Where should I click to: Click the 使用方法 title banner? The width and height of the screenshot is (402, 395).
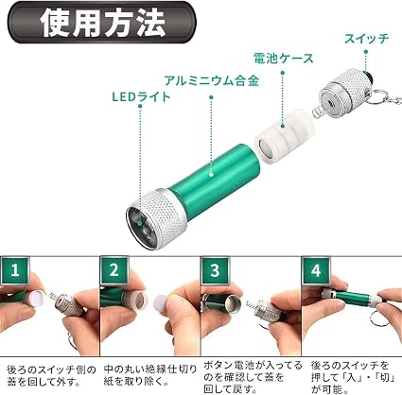click(x=101, y=22)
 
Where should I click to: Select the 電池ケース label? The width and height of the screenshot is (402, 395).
click(x=284, y=59)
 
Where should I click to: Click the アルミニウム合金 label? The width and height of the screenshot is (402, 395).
click(x=211, y=81)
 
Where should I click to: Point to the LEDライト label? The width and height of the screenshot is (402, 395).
click(x=141, y=96)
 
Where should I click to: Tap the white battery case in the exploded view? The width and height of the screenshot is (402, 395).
click(x=285, y=136)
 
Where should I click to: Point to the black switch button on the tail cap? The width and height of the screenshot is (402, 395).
click(x=368, y=77)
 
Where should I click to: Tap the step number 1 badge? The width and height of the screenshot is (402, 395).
click(x=15, y=270)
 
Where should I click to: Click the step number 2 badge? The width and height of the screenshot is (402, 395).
click(x=114, y=270)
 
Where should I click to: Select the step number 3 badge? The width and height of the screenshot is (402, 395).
click(x=215, y=270)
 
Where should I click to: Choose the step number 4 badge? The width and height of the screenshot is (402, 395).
click(x=316, y=270)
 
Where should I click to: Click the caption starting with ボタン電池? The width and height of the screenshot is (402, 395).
click(x=253, y=377)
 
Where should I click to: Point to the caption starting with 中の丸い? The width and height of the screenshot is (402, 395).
click(x=149, y=375)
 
